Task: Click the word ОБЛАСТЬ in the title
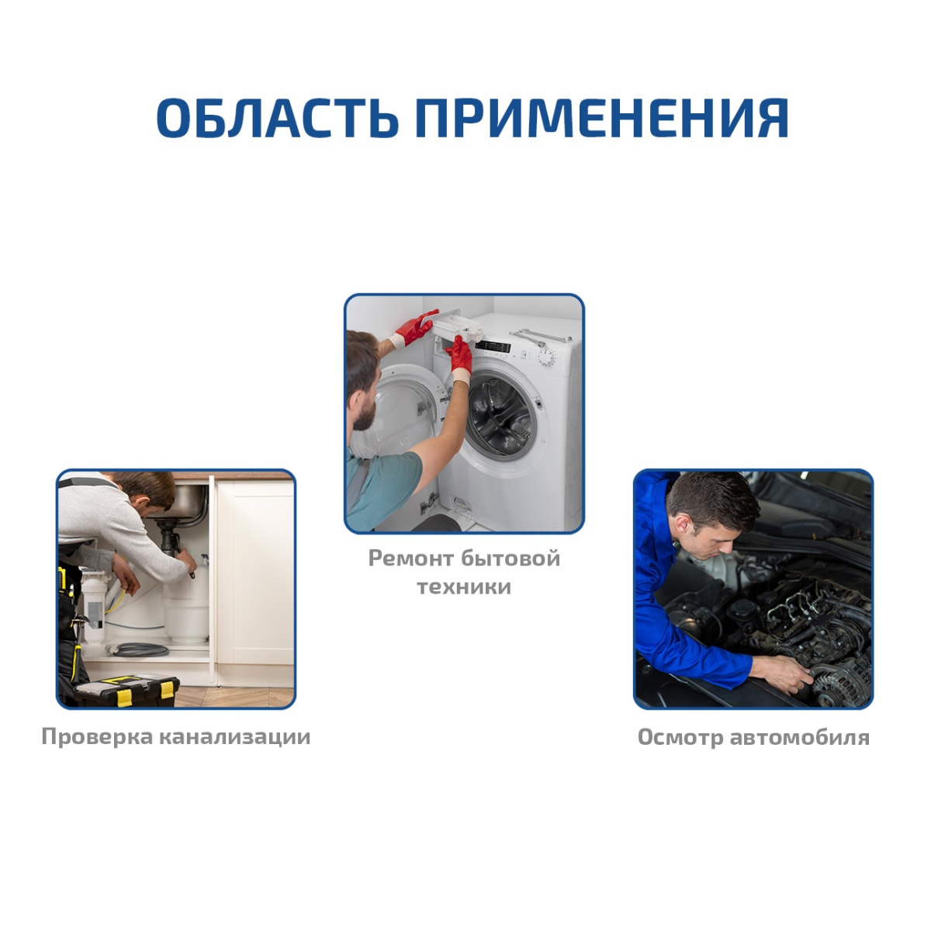(x=277, y=118)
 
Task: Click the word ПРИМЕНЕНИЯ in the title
(x=602, y=118)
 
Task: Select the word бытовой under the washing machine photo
(x=510, y=559)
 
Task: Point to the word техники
(x=464, y=587)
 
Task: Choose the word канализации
(x=235, y=738)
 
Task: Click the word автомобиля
(x=800, y=738)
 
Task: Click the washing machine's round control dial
(x=547, y=357)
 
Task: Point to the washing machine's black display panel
(x=493, y=346)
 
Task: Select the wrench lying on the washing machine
(x=541, y=336)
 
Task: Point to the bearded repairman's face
(x=363, y=395)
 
